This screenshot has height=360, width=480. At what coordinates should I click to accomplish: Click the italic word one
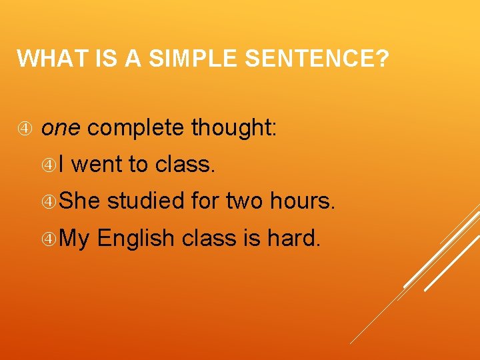pyautogui.click(x=61, y=127)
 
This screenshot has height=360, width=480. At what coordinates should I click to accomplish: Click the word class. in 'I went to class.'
pyautogui.click(x=185, y=164)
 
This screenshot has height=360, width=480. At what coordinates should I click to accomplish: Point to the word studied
pyautogui.click(x=145, y=200)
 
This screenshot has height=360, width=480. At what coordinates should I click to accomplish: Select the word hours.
pyautogui.click(x=302, y=200)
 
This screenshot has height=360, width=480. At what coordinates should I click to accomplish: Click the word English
pyautogui.click(x=136, y=238)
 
